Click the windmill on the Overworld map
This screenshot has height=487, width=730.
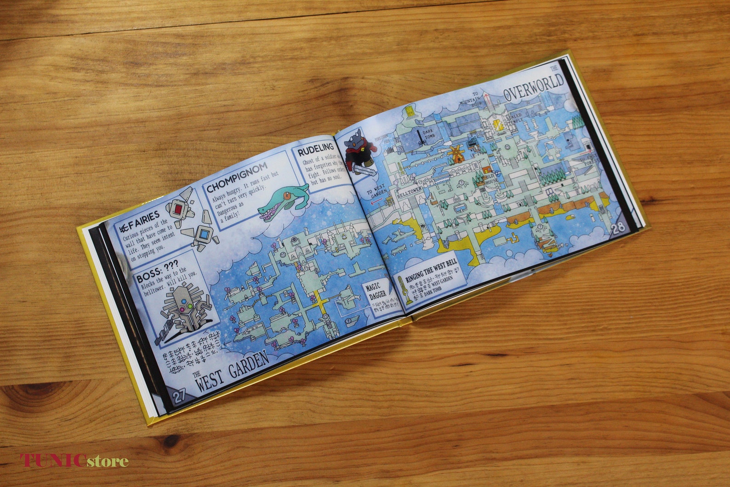[457, 154]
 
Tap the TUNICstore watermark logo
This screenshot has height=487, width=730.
[74, 460]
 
